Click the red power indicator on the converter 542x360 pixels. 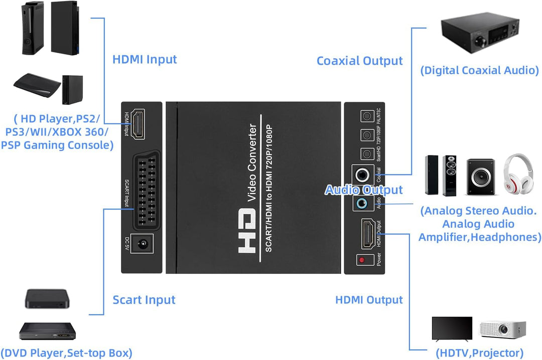pyautogui.click(x=361, y=260)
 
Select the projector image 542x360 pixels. pyautogui.click(x=502, y=329)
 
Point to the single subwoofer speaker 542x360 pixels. pyautogui.click(x=480, y=176)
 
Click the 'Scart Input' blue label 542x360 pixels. pyautogui.click(x=144, y=300)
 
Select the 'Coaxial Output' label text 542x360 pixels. pyautogui.click(x=359, y=61)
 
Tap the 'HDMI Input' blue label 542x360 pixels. pyautogui.click(x=145, y=59)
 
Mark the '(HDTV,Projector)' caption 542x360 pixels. pyautogui.click(x=479, y=353)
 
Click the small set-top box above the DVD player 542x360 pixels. pyautogui.click(x=47, y=299)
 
